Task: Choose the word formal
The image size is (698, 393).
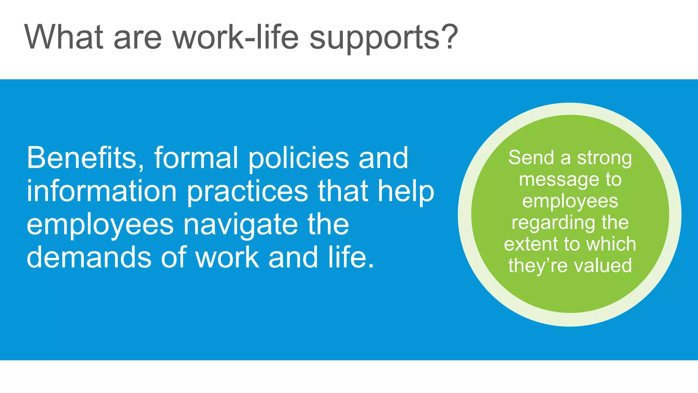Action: (x=196, y=158)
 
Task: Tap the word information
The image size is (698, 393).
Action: (x=102, y=191)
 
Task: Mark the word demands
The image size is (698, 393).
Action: (x=89, y=257)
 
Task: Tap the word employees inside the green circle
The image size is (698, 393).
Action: (x=570, y=202)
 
